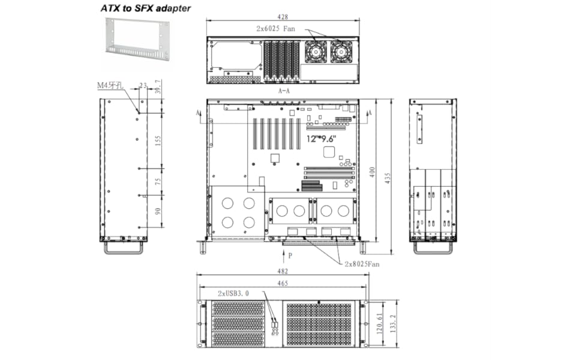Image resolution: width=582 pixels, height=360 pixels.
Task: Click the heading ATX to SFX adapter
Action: coord(145,8)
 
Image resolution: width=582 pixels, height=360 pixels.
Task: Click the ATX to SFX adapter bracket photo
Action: coord(137,40)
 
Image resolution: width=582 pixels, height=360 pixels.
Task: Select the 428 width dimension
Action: coord(282,17)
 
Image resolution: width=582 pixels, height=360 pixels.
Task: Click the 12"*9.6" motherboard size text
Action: coord(322,139)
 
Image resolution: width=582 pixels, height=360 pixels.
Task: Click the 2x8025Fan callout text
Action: coord(362,263)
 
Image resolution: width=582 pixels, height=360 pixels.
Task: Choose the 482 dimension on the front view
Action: coord(283,272)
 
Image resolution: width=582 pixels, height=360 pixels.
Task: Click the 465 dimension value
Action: coord(283,283)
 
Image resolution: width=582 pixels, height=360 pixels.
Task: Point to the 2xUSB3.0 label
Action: coord(233,293)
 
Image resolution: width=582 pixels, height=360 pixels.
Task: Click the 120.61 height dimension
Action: coord(380,325)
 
